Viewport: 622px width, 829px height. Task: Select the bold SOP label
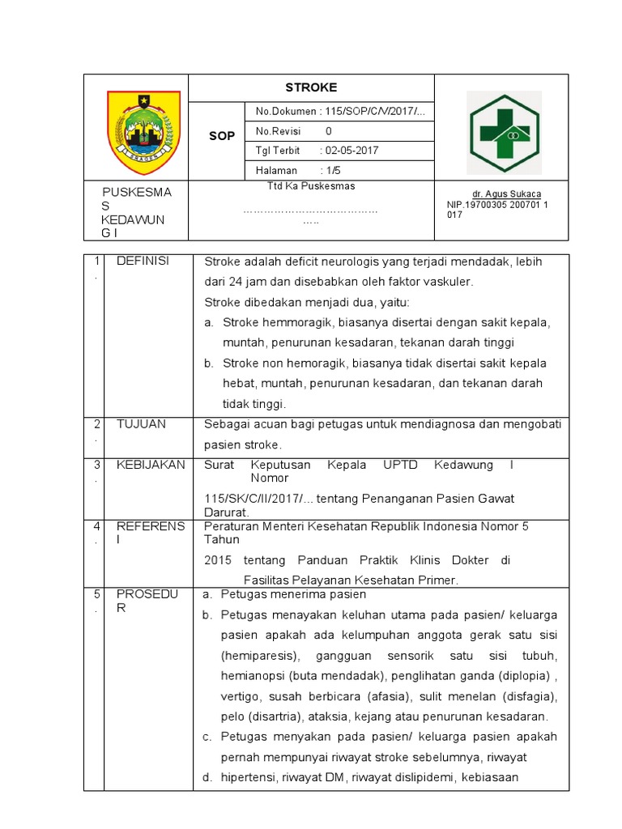[x=222, y=136]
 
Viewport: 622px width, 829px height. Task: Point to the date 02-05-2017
[x=350, y=151]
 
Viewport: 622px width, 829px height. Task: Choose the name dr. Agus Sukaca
[x=507, y=195]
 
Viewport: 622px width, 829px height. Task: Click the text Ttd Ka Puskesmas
[x=311, y=186]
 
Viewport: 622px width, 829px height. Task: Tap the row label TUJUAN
[x=141, y=423]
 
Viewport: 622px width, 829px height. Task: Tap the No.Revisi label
[x=279, y=131]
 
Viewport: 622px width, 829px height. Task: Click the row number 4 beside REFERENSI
[x=96, y=527]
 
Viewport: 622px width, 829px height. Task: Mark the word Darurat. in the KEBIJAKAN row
[x=227, y=512]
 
